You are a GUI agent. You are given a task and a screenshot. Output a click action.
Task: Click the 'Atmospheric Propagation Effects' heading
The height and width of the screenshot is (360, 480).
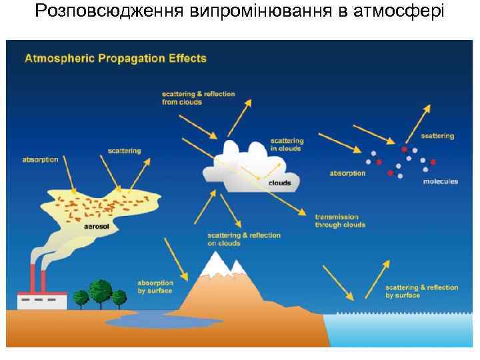point(116,58)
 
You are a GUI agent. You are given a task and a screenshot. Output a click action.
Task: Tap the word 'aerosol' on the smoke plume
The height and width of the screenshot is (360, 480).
point(96,226)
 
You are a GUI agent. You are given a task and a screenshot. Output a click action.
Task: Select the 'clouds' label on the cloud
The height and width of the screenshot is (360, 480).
point(279,183)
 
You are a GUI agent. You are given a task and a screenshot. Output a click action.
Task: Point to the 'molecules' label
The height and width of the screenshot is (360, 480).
point(441,182)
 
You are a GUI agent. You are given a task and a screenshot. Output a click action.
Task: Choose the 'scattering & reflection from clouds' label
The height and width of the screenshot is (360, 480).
point(198,98)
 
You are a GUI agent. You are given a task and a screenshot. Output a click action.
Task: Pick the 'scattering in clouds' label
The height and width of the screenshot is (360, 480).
point(287,145)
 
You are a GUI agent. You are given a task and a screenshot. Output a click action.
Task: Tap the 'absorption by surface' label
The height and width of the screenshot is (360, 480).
point(155,287)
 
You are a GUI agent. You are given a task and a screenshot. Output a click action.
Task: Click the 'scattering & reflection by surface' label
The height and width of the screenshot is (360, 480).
point(422,291)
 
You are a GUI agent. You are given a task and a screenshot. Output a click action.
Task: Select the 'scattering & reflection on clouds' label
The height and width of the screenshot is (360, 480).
point(244,239)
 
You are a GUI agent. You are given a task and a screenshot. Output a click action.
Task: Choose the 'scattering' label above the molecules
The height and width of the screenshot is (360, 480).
point(437,136)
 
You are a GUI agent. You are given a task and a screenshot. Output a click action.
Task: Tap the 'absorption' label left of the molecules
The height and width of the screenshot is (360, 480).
point(348,173)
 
